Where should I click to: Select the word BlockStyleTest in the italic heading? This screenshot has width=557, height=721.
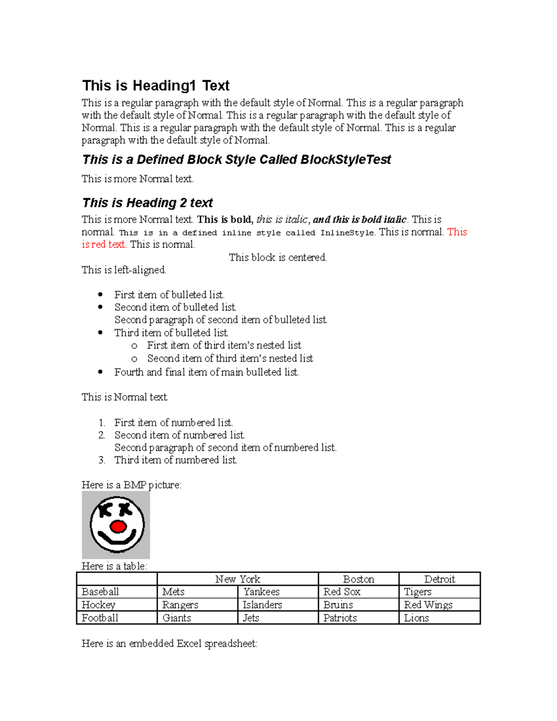pos(345,160)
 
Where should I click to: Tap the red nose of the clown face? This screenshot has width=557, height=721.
pos(118,526)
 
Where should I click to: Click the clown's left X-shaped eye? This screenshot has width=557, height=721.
pos(105,510)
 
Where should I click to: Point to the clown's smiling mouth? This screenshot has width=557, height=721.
pos(117,540)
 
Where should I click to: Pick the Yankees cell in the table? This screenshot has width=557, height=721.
pos(261,592)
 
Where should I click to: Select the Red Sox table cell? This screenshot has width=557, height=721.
pos(342,592)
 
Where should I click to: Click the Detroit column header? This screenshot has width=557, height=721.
pos(439,579)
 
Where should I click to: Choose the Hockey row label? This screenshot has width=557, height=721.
pos(98,605)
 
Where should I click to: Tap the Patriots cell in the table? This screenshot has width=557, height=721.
pos(340,618)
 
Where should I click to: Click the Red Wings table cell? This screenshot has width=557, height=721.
pos(428,605)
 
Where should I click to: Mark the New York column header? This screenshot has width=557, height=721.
pos(238,579)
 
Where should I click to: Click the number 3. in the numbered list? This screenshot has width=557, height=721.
pos(102,460)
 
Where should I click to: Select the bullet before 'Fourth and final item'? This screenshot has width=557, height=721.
pos(100,372)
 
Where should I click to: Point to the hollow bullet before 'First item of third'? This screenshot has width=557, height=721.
pos(134,346)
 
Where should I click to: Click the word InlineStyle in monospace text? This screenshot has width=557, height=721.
pos(347,233)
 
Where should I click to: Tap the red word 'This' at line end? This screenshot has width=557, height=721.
pos(457,232)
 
